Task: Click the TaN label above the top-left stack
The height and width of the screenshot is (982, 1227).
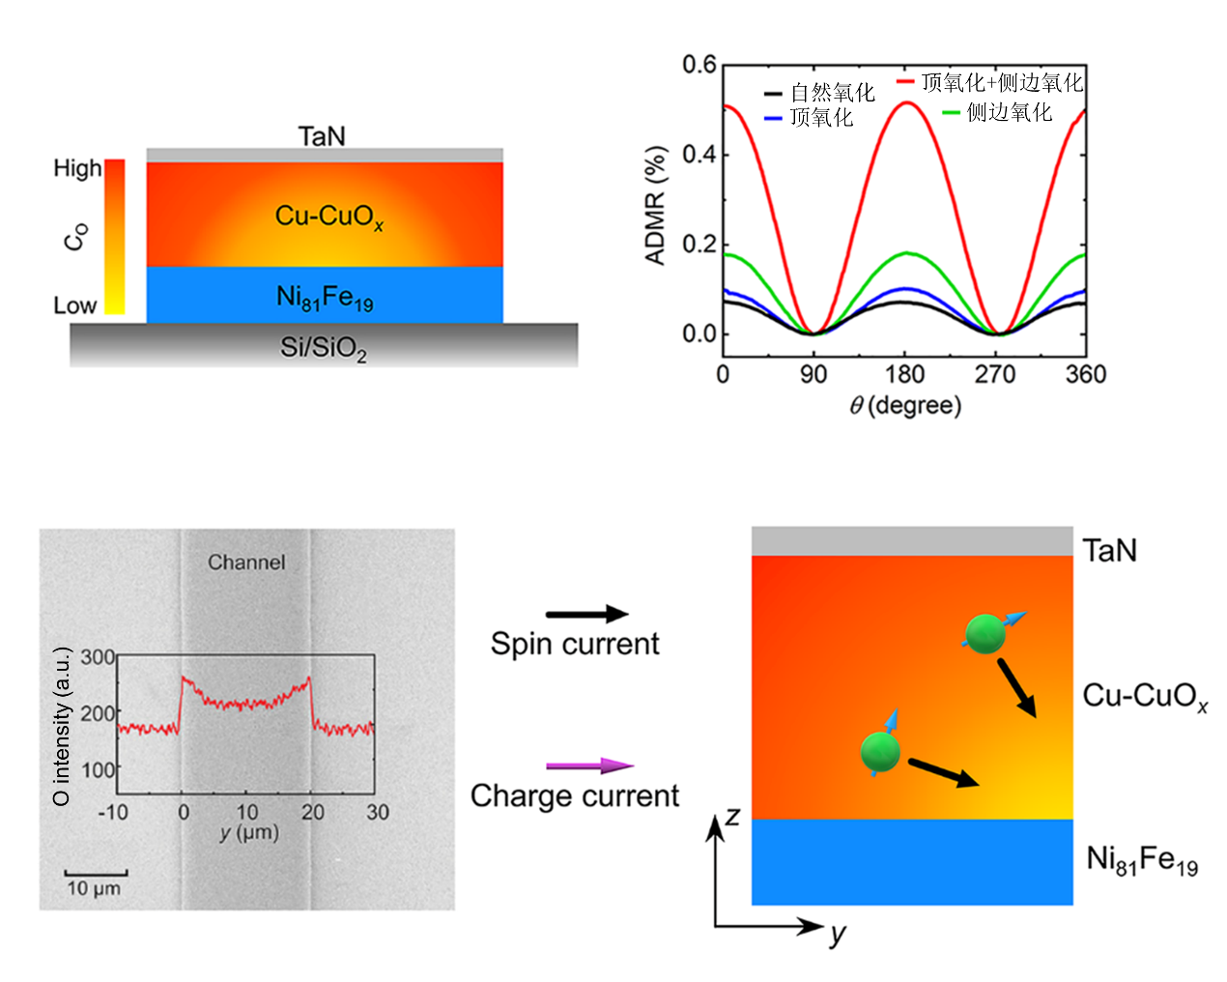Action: point(322,136)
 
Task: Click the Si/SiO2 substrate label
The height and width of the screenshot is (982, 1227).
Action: point(324,347)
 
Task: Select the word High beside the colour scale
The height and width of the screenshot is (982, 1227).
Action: point(77,168)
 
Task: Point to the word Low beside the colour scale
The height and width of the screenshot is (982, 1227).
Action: point(75,305)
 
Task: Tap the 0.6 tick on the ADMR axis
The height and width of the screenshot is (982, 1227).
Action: point(699,65)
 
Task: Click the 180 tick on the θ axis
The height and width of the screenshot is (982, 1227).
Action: point(904,374)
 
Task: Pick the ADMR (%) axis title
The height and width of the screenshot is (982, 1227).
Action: point(656,205)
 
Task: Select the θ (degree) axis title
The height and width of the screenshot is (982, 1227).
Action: point(905,406)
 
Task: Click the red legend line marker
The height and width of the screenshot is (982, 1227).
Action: point(905,82)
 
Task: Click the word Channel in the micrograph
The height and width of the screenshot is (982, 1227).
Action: point(246,562)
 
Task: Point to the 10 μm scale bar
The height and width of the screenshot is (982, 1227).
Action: point(96,874)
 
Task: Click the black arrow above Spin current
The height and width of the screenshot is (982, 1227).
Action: point(586,614)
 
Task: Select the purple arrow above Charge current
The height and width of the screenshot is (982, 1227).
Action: point(589,765)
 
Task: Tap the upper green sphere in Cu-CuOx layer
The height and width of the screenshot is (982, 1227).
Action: point(984,634)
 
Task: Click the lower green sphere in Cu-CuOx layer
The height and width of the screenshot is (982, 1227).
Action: point(880,751)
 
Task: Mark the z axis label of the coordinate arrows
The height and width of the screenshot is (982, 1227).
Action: point(732,817)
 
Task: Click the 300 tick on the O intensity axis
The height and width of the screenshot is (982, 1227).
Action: point(98,657)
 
